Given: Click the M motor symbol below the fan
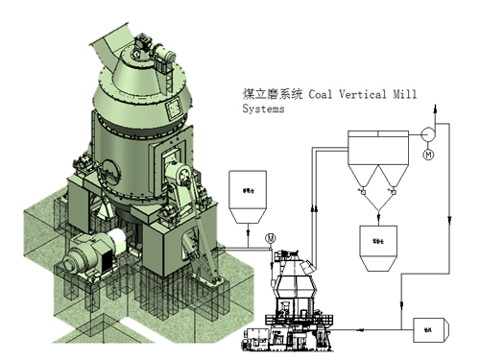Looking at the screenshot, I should coord(428,154).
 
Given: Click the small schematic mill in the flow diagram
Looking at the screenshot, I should coord(292,288).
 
